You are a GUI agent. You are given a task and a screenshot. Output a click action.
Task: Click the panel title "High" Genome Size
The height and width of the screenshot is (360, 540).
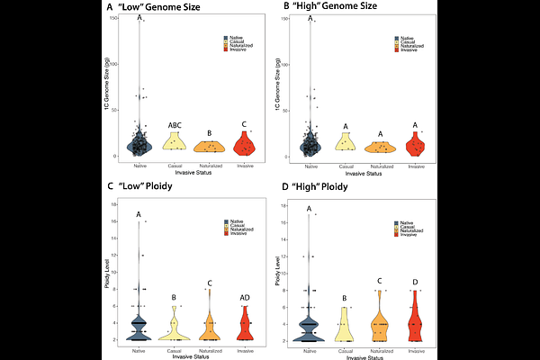319,8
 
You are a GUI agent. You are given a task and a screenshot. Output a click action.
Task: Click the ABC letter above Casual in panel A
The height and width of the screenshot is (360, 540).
175,126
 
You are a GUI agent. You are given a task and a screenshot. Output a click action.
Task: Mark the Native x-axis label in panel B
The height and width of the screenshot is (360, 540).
310,166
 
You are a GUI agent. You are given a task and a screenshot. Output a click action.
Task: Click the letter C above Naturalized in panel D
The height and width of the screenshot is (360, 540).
380,282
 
